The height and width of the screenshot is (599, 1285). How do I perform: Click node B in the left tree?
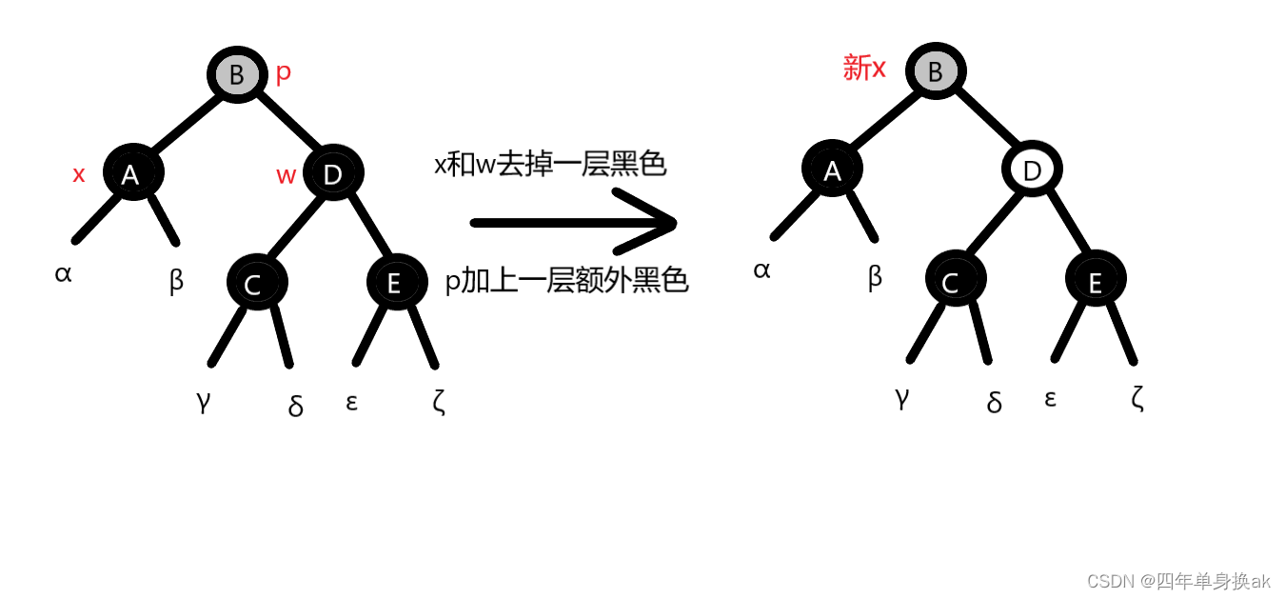[x=237, y=75]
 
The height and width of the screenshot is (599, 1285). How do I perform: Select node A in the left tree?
[x=133, y=173]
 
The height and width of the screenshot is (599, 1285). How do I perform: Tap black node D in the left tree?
[x=333, y=173]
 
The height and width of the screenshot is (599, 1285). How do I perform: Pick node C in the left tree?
[x=256, y=283]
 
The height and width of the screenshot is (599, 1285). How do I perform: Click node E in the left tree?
[x=396, y=283]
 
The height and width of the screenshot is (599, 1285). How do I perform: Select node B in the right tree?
[x=936, y=71]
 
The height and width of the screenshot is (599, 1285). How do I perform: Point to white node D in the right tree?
[x=1032, y=170]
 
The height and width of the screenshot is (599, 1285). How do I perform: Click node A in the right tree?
[x=832, y=170]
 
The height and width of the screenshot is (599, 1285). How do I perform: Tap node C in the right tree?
[x=955, y=280]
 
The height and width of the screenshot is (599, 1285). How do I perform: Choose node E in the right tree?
[x=1096, y=280]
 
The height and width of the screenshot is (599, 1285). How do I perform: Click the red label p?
[x=283, y=72]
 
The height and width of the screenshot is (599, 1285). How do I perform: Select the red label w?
[x=286, y=175]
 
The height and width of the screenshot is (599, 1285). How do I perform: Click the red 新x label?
[x=864, y=69]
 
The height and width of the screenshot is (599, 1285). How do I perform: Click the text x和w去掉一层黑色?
[x=550, y=165]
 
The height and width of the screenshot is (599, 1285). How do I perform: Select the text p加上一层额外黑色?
[x=566, y=281]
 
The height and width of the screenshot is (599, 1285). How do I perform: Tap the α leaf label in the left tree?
[x=63, y=274]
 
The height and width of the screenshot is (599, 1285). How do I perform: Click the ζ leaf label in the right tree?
[x=1137, y=397]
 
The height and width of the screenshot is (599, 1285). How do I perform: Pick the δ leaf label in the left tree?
[x=295, y=407]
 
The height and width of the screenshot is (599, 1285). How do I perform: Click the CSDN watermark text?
[x=1178, y=581]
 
